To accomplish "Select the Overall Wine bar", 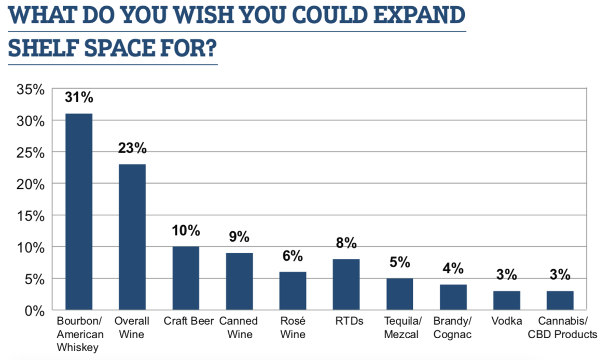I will coord(132,237).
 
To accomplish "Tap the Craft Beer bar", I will coord(186,278).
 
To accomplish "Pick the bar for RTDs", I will coord(346,284).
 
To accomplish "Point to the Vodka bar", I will coord(506,300).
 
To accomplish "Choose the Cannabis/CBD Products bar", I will coord(560,300).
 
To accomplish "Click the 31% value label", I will coord(79,98).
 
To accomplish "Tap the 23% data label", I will coord(132,148).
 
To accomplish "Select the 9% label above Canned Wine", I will coord(239,237).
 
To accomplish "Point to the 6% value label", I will coord(293,256).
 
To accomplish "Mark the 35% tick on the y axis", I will coord(30,89).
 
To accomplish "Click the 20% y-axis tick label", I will coord(30,184).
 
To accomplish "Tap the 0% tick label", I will coord(35,310).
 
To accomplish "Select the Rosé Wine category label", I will coord(293,328).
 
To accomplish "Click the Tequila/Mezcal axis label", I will coord(399,328).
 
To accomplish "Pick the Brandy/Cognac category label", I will coord(453,328).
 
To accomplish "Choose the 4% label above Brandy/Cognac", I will coord(453,269).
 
